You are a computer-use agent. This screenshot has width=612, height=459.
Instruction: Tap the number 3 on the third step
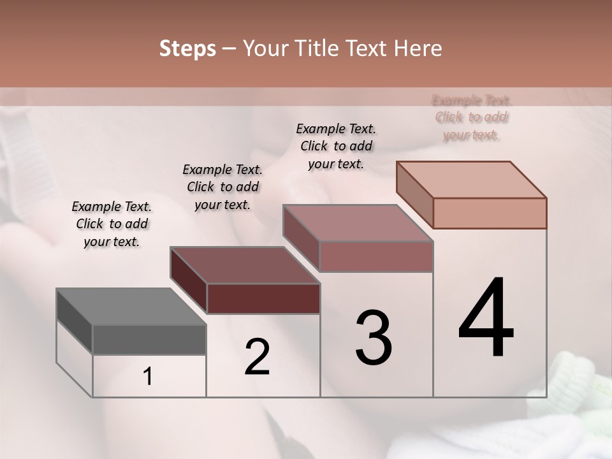click(373, 338)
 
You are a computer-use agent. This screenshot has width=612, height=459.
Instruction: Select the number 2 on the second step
click(257, 357)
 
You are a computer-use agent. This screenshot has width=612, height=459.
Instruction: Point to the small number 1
click(148, 377)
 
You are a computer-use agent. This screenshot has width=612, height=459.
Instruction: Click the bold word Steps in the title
click(187, 48)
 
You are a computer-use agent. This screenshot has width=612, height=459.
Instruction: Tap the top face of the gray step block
click(131, 306)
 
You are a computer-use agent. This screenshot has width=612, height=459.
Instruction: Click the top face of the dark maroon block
click(245, 265)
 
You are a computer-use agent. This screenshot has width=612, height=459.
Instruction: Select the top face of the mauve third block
click(358, 223)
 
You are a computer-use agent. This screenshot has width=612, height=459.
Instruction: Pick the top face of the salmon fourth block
click(472, 179)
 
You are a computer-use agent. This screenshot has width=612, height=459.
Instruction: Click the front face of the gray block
click(149, 339)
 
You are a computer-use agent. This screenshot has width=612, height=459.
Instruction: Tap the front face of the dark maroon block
click(263, 298)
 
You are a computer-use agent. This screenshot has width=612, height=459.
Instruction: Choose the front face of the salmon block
click(490, 213)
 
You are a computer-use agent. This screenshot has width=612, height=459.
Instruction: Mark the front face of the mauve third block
click(376, 256)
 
